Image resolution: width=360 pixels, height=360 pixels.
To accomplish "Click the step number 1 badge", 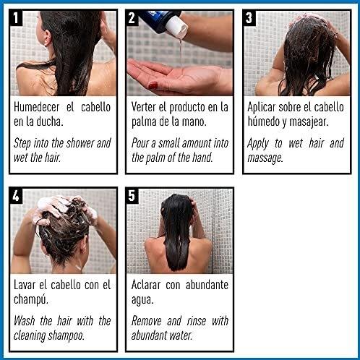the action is pos(16,18).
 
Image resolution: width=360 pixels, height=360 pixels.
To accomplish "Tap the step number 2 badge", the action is pos(132,18).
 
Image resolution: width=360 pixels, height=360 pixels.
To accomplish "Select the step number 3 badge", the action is pos(249,18).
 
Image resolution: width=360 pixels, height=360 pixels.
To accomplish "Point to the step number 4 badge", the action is pos(16,196).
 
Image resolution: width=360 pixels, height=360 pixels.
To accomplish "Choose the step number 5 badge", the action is pos(132,196).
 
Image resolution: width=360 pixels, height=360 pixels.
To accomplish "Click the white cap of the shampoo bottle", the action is pos(177,27).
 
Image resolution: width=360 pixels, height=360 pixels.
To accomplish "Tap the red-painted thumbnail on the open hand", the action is pos(153,85).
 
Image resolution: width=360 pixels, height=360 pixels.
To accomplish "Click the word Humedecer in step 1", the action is pos(36,107).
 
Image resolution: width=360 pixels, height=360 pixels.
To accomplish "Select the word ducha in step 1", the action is pos(50,121).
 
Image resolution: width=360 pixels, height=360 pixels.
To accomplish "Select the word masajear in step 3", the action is pos(309,122).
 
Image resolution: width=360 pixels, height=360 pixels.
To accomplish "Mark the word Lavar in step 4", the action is pos(25,285).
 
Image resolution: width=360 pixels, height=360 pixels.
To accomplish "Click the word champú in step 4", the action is pos(31,300).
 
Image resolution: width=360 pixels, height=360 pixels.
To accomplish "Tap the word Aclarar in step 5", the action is pos(146,285).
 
